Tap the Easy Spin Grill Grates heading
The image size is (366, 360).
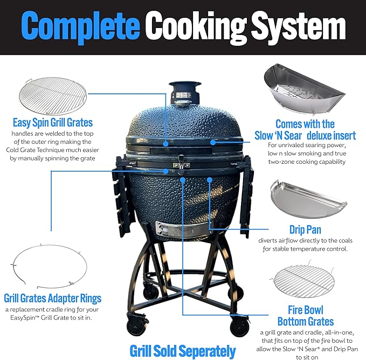click(52, 122)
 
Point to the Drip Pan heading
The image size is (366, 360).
click(306, 230)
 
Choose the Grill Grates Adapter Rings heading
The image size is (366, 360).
click(52, 297)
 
